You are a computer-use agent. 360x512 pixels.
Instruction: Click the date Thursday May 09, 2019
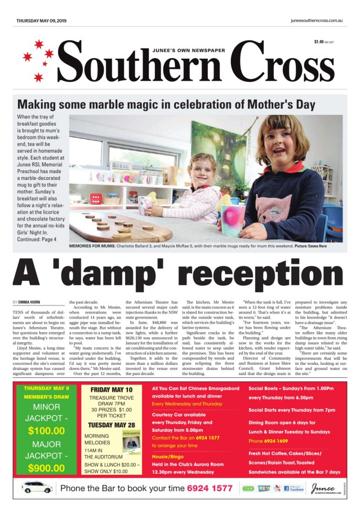(41, 20)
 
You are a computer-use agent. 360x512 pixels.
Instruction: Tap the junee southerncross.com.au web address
(317, 20)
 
